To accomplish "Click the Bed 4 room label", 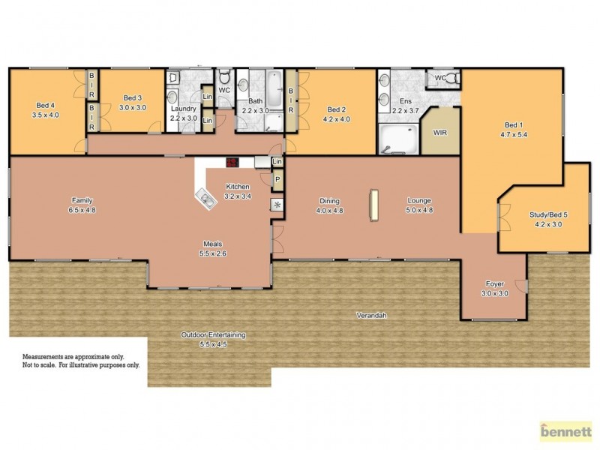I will point(46,106).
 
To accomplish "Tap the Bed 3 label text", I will point(133,98).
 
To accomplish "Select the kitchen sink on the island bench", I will point(203,199).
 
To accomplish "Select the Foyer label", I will point(494,284).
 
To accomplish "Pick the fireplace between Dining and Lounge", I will point(373,205).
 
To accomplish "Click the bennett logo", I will point(566,432).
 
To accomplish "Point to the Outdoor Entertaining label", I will point(213,335).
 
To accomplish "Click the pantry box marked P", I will point(277,180).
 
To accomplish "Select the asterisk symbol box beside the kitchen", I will point(277,205).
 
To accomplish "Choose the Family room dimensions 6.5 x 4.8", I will point(82,210).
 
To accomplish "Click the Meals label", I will point(212,244).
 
